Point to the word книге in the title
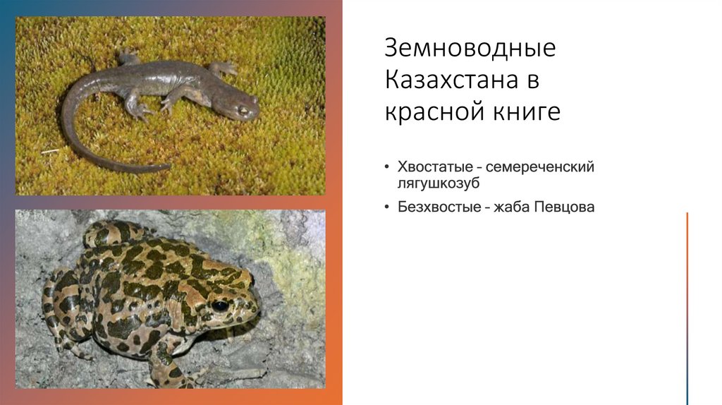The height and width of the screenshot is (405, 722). click(522, 111)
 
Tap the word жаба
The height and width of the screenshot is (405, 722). click(503, 207)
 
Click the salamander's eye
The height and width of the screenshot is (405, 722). click(243, 110)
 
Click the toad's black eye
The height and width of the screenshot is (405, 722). click(220, 306)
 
